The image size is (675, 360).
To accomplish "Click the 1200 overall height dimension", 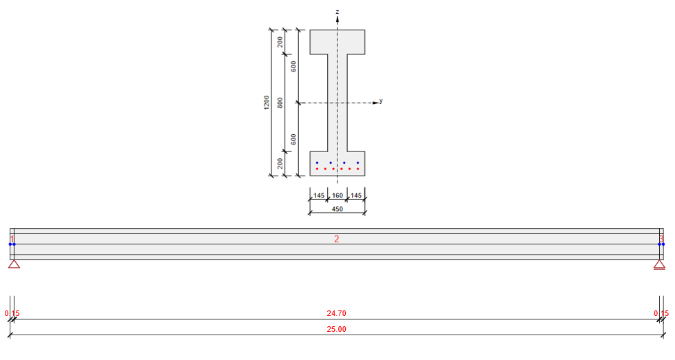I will [x=267, y=103].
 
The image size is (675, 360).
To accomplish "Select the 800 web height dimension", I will [x=280, y=103].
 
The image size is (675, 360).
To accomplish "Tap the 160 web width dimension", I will [x=337, y=196].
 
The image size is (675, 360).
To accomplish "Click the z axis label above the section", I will [x=337, y=12].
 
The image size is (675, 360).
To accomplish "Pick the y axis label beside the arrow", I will [x=381, y=100].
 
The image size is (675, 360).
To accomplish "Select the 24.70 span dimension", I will [x=336, y=313].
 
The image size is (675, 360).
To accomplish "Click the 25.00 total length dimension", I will [x=336, y=329].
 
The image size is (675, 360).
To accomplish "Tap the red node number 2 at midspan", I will [x=336, y=239].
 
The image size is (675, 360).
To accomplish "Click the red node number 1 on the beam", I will [x=12, y=239].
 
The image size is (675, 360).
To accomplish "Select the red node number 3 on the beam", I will [x=661, y=239].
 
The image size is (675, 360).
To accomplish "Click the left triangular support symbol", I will [x=14, y=264].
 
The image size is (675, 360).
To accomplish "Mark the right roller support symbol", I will [x=659, y=264].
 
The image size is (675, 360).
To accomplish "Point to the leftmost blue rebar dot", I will [x=317, y=163].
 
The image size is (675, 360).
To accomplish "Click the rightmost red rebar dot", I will [x=357, y=169].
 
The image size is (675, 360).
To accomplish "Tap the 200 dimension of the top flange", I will [x=280, y=42].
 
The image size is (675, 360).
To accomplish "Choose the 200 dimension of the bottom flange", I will [x=280, y=163].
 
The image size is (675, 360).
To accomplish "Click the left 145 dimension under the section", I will [x=319, y=196].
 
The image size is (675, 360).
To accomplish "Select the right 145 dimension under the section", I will [x=355, y=196].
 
